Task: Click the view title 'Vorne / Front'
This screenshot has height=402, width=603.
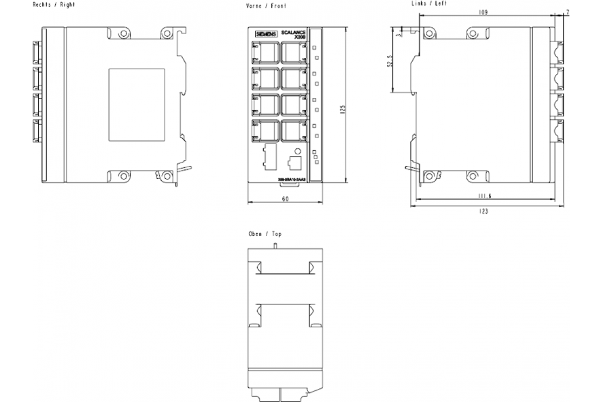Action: [266, 7]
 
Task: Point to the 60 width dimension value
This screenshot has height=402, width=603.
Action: [285, 199]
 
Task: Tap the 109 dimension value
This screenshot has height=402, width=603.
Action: [483, 13]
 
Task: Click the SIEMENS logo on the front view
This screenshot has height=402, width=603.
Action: [266, 34]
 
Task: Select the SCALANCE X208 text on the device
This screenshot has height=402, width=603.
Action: [295, 34]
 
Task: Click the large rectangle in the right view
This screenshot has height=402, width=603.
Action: [137, 105]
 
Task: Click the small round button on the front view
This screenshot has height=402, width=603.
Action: [297, 151]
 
